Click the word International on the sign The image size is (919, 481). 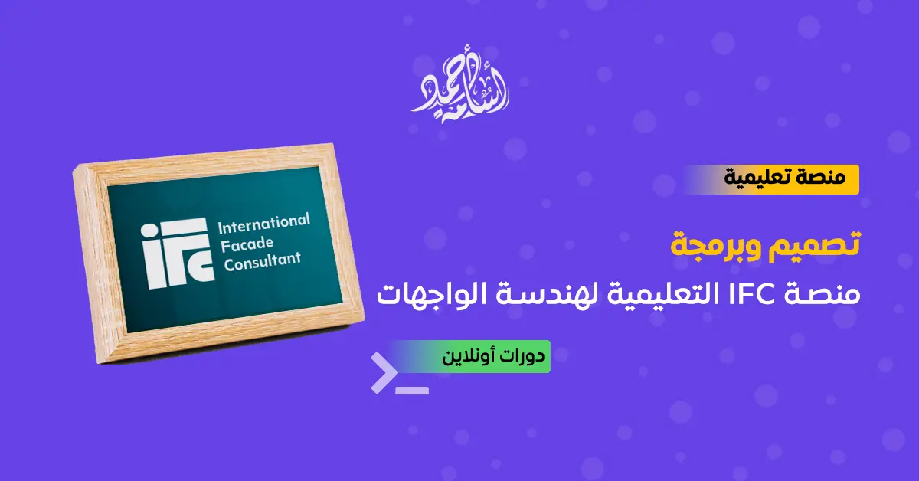click(x=263, y=223)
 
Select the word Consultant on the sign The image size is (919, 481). click(x=262, y=261)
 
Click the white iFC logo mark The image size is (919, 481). click(x=177, y=253)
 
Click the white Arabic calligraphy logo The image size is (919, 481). click(x=460, y=87)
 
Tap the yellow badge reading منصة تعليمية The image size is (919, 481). click(x=772, y=179)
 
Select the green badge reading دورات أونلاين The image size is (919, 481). click(x=469, y=356)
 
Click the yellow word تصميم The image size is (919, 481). click(x=814, y=245)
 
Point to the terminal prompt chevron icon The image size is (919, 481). click(x=384, y=373)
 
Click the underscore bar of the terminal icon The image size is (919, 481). click(x=412, y=391)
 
